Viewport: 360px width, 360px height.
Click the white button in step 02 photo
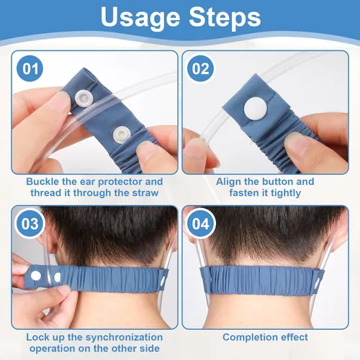point(255,109)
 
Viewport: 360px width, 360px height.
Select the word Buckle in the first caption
point(42,182)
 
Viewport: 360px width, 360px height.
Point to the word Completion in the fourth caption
point(248,337)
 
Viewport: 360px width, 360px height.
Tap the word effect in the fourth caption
point(292,337)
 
